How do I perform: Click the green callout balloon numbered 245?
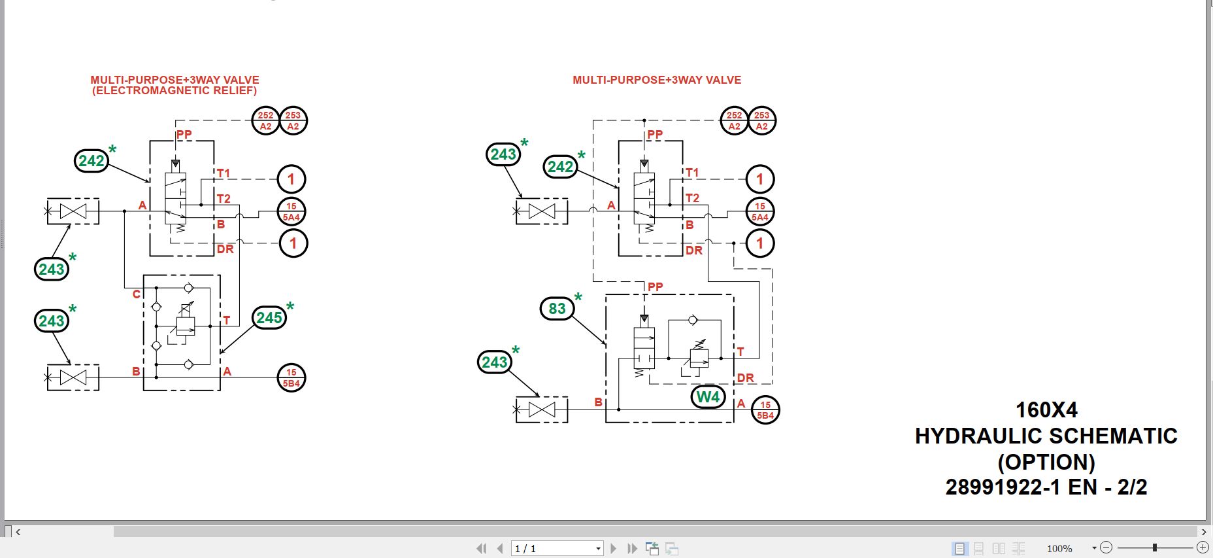pyautogui.click(x=269, y=318)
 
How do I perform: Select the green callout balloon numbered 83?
pyautogui.click(x=557, y=309)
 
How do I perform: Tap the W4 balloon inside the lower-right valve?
pyautogui.click(x=708, y=397)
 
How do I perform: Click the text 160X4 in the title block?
pyautogui.click(x=1046, y=410)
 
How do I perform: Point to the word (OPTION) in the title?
pyautogui.click(x=1046, y=462)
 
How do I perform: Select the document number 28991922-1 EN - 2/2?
pyautogui.click(x=1046, y=487)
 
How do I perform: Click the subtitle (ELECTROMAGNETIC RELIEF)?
pyautogui.click(x=174, y=91)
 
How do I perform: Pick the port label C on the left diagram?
pyautogui.click(x=137, y=294)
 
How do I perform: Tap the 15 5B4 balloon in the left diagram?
pyautogui.click(x=291, y=378)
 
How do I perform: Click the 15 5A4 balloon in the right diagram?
pyautogui.click(x=760, y=211)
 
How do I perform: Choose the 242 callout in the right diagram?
pyautogui.click(x=560, y=167)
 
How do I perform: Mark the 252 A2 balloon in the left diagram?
pyautogui.click(x=266, y=121)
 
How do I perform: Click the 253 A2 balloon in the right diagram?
pyautogui.click(x=762, y=121)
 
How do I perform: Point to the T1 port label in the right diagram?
pyautogui.click(x=692, y=173)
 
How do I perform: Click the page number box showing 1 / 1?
pyautogui.click(x=556, y=548)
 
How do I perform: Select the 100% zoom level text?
pyautogui.click(x=1059, y=548)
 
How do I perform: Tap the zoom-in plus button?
pyautogui.click(x=1203, y=548)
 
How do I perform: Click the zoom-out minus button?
pyautogui.click(x=1106, y=548)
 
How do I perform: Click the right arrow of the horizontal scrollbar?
pyautogui.click(x=1204, y=532)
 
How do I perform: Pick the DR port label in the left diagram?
pyautogui.click(x=225, y=249)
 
